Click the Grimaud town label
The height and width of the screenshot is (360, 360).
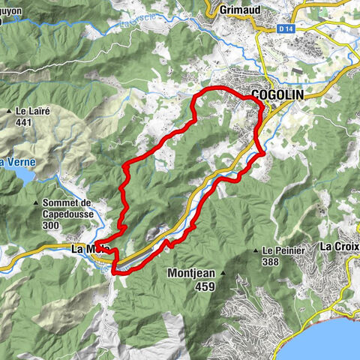click(x=240, y=10)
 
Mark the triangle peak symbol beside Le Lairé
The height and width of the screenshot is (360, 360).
click(x=9, y=111)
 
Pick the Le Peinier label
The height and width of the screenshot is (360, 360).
click(x=281, y=250)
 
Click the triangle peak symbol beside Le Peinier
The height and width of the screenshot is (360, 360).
click(x=256, y=250)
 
